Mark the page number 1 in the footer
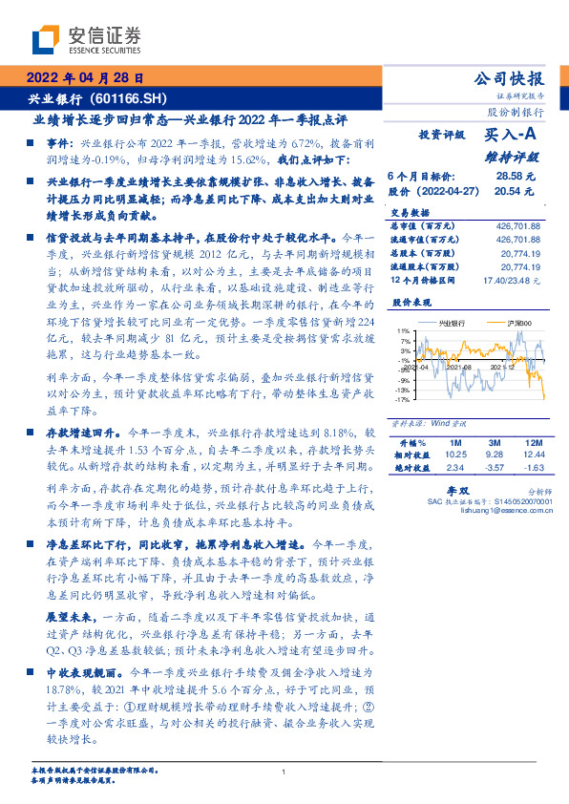tap(284, 772)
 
